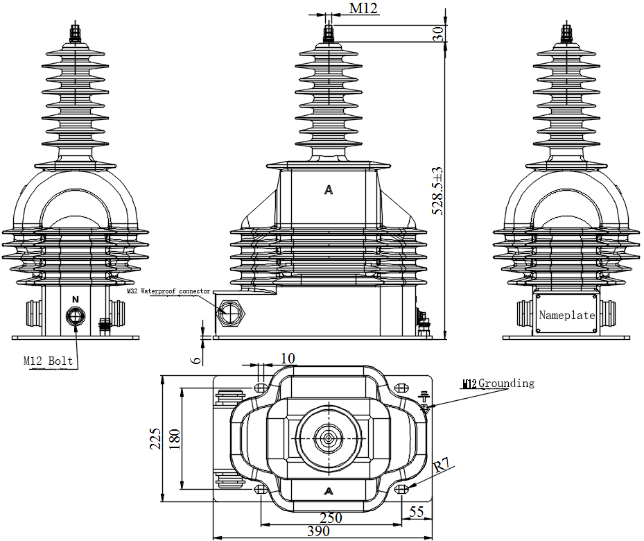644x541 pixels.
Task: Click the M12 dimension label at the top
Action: pyautogui.click(x=363, y=8)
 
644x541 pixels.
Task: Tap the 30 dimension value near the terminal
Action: pyautogui.click(x=438, y=33)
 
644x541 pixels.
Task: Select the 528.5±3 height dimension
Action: pyautogui.click(x=438, y=191)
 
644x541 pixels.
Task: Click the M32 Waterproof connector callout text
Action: pyautogui.click(x=168, y=292)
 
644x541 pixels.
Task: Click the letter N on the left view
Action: pyautogui.click(x=76, y=299)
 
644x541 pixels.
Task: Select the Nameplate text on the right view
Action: pyautogui.click(x=567, y=315)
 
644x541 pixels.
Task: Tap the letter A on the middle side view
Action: pyautogui.click(x=329, y=190)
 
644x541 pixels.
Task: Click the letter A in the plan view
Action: pyautogui.click(x=328, y=491)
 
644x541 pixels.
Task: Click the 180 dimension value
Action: pyautogui.click(x=175, y=438)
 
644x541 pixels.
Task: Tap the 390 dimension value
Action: pyautogui.click(x=318, y=531)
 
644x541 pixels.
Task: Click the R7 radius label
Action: pyautogui.click(x=442, y=466)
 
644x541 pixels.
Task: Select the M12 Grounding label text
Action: pyautogui.click(x=498, y=383)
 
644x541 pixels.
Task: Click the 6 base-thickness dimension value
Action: pyautogui.click(x=196, y=359)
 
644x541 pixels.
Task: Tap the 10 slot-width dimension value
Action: pyautogui.click(x=288, y=358)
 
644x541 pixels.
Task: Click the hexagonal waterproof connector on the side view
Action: pyautogui.click(x=230, y=312)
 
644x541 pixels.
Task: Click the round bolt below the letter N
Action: pyautogui.click(x=74, y=316)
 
